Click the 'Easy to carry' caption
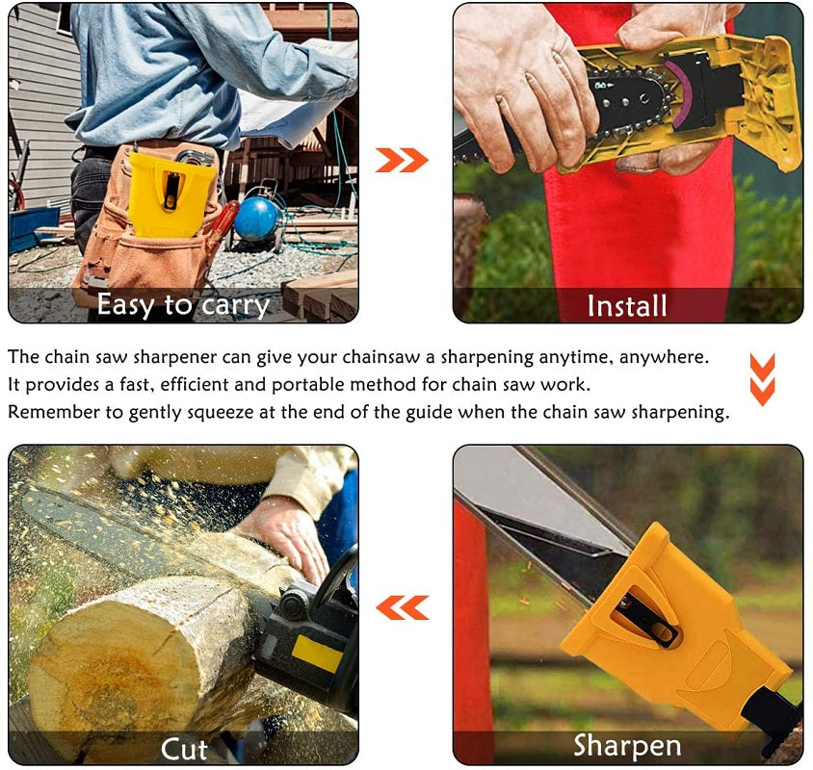click(x=183, y=305)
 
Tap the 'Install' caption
click(x=627, y=305)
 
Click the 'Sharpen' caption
click(x=627, y=745)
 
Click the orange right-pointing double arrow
click(x=402, y=160)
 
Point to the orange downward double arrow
click(x=762, y=379)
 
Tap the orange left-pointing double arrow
click(x=402, y=607)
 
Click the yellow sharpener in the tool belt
click(x=171, y=192)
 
